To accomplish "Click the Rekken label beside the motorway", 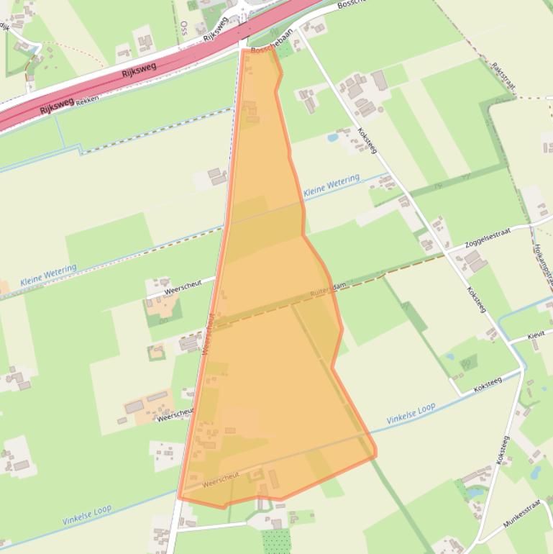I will point(86,100).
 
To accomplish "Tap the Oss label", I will point(184,27).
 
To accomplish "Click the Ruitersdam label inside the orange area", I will point(329,289).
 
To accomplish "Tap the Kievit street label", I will point(536,336).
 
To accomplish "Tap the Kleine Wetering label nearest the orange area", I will point(331,186).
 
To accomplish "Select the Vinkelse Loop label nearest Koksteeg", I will point(411,414).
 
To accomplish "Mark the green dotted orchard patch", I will point(276,540).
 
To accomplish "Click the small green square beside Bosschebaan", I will point(285,50).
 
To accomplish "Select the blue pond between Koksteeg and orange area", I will point(332,137).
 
